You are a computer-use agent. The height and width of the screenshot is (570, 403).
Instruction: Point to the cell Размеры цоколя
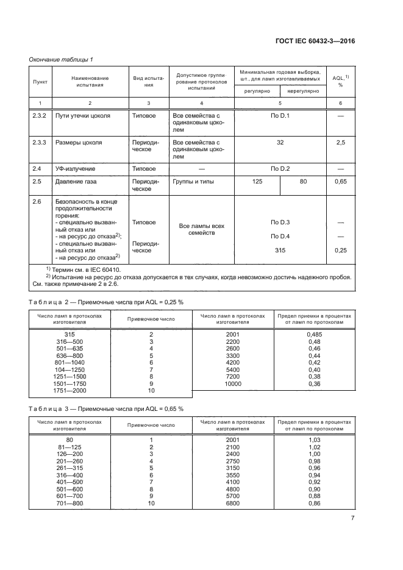pos(79,143)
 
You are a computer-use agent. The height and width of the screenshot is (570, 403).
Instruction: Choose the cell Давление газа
pos(80,181)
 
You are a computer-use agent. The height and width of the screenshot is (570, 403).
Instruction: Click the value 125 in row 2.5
pos(257,181)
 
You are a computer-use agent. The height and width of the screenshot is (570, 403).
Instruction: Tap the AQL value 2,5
pos(341,143)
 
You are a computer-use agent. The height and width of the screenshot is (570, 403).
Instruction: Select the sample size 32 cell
pos(280,143)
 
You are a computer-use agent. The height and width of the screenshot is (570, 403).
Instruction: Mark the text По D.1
pos(280,115)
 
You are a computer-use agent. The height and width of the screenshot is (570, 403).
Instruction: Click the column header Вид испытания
pos(148,81)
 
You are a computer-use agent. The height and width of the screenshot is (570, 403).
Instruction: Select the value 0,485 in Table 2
pos(315,335)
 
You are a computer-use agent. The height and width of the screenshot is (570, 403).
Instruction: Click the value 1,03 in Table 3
pos(315,440)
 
